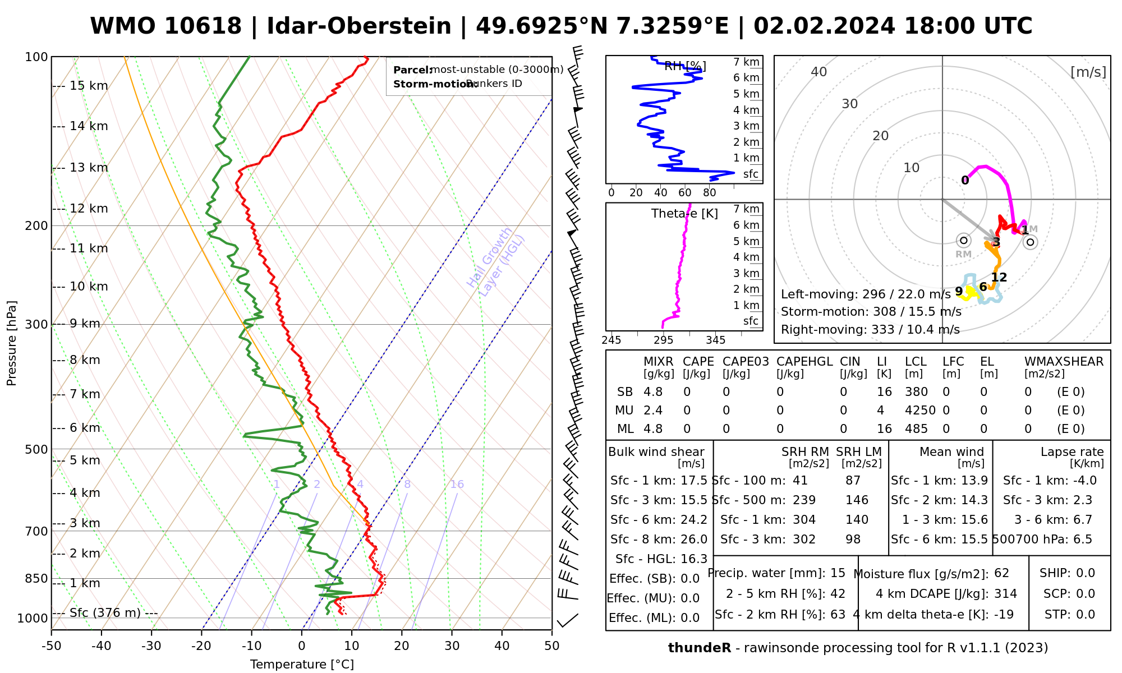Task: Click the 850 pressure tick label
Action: coord(36,578)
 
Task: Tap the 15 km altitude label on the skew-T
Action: coord(89,86)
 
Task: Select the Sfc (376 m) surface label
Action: coord(105,612)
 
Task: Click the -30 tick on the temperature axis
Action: coord(151,646)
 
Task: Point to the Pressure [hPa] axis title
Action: coord(12,343)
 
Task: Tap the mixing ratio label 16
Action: coord(457,485)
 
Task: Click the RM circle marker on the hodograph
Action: coord(964,241)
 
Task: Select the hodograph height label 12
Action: coord(999,277)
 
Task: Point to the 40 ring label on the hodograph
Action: coord(819,72)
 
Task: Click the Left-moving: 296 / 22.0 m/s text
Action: coord(866,294)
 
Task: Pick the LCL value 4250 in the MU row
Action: coord(920,411)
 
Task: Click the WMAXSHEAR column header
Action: coord(1064,362)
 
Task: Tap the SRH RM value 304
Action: coord(804,520)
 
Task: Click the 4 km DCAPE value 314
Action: coord(1006,594)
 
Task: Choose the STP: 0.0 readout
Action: coord(1069,615)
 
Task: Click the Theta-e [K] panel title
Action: coord(684,214)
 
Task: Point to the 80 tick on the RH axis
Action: coord(710,193)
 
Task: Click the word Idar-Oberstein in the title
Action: coord(359,26)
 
